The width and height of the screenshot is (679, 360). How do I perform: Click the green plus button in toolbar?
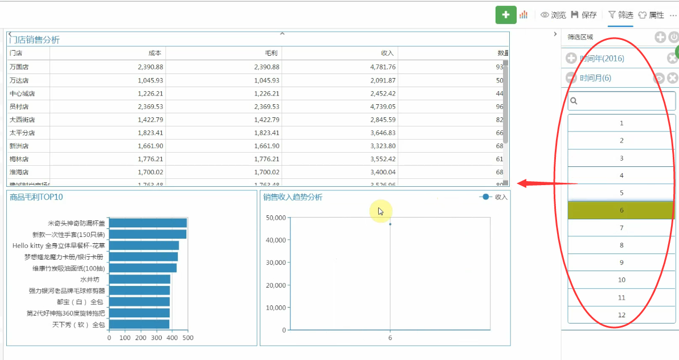coord(505,15)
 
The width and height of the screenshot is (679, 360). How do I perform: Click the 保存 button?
coord(584,15)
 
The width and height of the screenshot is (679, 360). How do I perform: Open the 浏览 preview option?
coord(553,15)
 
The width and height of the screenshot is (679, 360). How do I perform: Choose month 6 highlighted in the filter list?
coord(621,210)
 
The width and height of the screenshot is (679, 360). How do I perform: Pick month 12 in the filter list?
coord(621,315)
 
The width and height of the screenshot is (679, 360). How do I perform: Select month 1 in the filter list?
coord(621,123)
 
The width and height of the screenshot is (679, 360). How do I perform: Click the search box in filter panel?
coord(621,101)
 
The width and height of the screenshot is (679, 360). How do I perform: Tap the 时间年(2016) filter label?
coord(602,58)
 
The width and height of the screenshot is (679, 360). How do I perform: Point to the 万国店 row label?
coord(19,67)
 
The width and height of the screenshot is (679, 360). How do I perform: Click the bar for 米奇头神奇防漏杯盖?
coord(148,223)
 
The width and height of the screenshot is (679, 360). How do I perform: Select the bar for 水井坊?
coord(140,279)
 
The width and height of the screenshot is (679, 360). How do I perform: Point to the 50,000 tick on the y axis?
coord(276,218)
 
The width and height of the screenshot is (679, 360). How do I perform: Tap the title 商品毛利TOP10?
coord(36,197)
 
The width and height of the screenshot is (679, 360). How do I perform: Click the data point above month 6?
coord(390,224)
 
